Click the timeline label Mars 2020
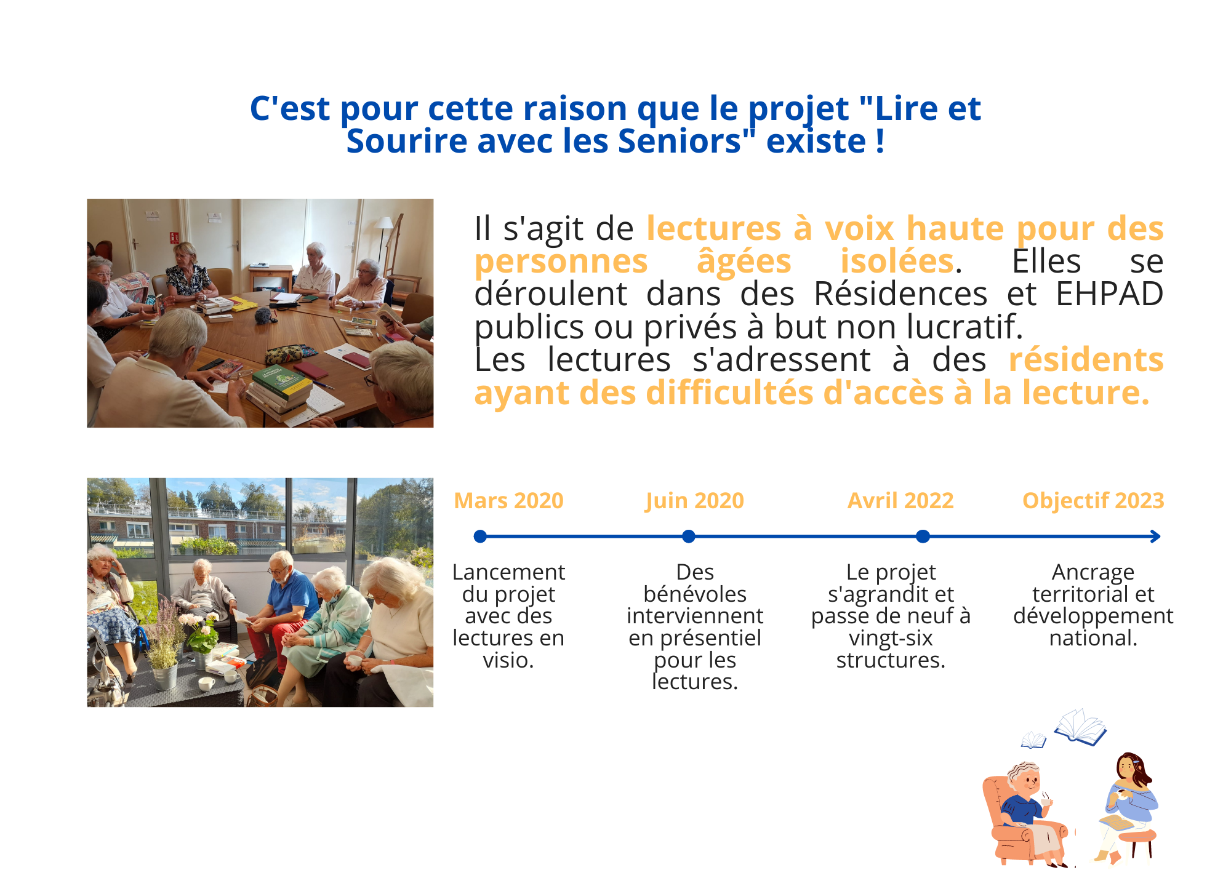[508, 501]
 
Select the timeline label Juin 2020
[694, 501]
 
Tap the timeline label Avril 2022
[900, 501]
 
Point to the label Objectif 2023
[1093, 501]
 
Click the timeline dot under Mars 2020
[480, 537]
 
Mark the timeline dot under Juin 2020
[689, 537]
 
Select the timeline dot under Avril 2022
[923, 537]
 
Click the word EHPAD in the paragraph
[1109, 294]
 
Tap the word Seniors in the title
[680, 142]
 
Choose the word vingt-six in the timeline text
[891, 638]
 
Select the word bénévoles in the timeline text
[695, 594]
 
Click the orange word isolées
[897, 261]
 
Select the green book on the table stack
[281, 381]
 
